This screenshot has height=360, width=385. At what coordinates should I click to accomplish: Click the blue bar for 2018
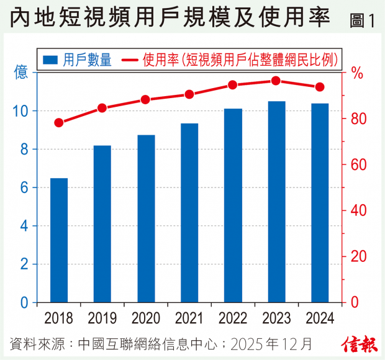(59, 240)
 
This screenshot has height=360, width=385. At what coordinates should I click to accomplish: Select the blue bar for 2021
(189, 213)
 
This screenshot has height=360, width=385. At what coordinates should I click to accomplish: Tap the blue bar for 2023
(276, 202)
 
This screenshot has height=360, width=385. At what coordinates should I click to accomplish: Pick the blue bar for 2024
(320, 203)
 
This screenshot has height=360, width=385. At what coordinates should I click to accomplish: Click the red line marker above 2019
(102, 108)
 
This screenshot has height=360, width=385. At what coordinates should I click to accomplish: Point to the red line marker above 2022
(233, 85)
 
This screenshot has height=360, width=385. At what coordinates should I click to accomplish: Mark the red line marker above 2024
(320, 87)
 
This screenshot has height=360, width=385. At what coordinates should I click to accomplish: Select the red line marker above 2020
(146, 99)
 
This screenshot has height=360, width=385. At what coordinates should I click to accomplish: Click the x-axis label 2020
(146, 318)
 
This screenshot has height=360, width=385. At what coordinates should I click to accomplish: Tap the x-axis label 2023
(276, 318)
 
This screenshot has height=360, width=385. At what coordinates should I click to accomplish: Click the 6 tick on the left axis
(24, 187)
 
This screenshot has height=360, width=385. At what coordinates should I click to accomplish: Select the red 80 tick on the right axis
(358, 119)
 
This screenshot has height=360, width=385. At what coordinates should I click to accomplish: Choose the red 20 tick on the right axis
(358, 256)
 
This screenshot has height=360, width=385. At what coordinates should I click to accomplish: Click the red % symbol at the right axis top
(357, 73)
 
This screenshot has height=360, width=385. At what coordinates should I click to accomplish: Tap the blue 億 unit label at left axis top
(21, 73)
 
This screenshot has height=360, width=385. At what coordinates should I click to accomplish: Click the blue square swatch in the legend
(50, 60)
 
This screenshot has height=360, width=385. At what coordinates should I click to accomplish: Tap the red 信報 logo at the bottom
(358, 343)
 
